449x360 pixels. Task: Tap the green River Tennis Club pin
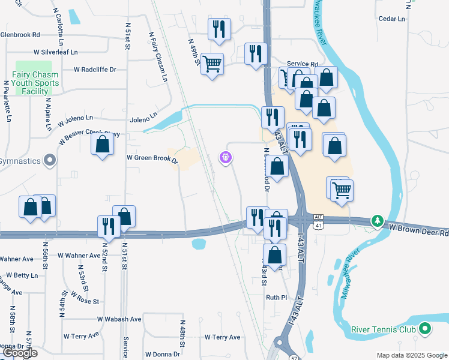click(425, 329)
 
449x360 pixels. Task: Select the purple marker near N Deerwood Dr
click(226, 157)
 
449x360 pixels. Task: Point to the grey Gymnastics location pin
click(50, 161)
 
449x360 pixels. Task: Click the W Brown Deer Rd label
click(418, 228)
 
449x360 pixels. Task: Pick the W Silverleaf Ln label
click(56, 52)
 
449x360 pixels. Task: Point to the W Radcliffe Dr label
click(95, 70)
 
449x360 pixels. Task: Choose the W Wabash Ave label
click(119, 319)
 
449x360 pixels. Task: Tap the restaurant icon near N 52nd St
click(108, 226)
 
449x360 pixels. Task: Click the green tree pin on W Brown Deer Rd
click(377, 221)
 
